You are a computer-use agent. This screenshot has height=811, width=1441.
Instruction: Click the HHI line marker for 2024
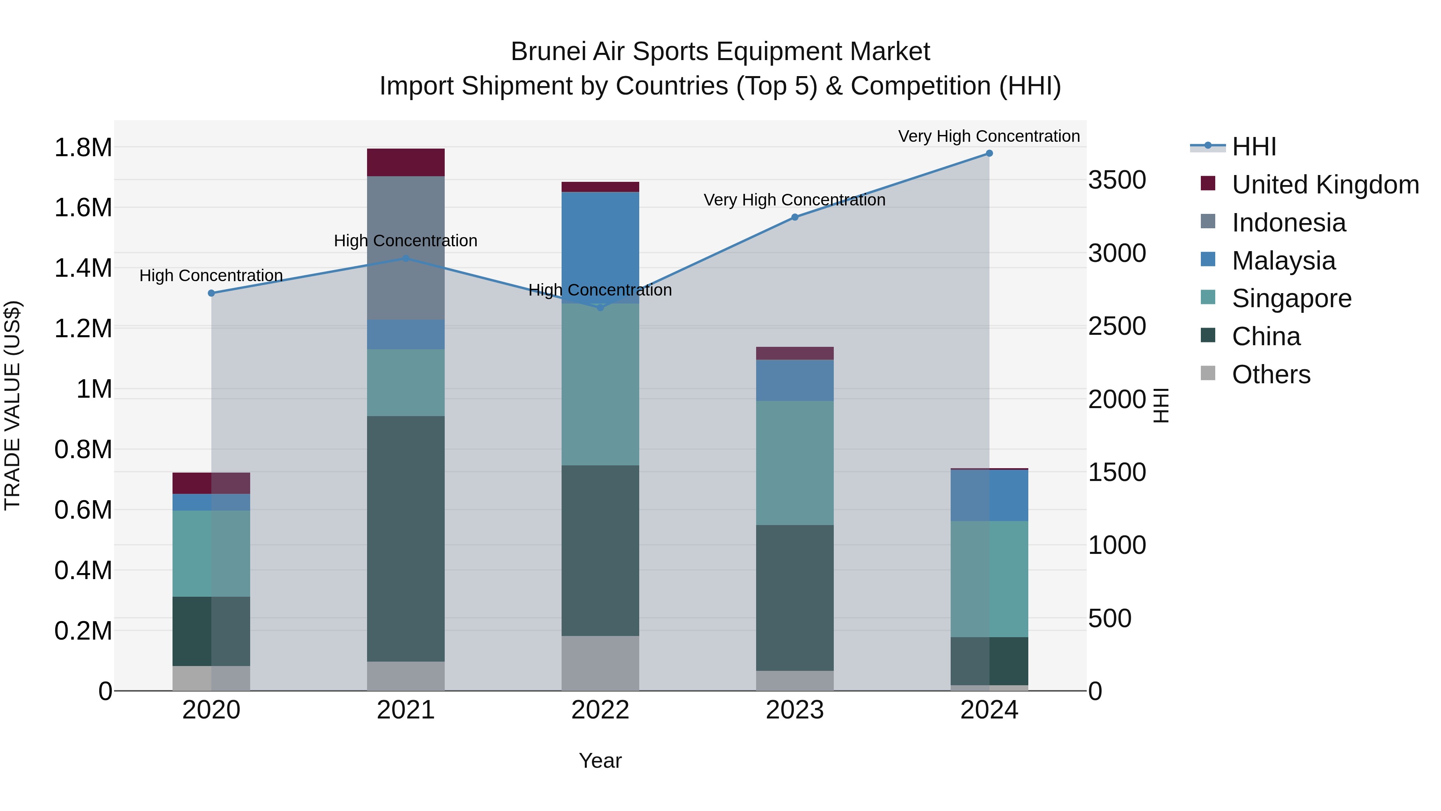pyautogui.click(x=989, y=153)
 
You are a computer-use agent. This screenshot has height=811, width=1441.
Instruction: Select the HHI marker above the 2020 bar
pyautogui.click(x=211, y=293)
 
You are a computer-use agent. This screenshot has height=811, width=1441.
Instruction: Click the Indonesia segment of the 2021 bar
pyautogui.click(x=405, y=248)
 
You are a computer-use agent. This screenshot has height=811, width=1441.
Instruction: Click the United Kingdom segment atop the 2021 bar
pyautogui.click(x=405, y=162)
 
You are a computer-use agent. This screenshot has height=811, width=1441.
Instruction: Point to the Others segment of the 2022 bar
pyautogui.click(x=600, y=663)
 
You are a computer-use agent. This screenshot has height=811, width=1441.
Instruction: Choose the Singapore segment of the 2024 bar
pyautogui.click(x=989, y=579)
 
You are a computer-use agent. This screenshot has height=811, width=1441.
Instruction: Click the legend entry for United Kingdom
pyautogui.click(x=1325, y=185)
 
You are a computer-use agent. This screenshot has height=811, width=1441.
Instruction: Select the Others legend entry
pyautogui.click(x=1270, y=374)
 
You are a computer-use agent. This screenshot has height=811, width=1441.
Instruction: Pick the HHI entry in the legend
pyautogui.click(x=1254, y=147)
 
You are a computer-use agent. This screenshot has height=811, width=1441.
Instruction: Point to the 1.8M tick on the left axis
pyautogui.click(x=83, y=148)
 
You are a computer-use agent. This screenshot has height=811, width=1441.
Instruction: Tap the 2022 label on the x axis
pyautogui.click(x=600, y=710)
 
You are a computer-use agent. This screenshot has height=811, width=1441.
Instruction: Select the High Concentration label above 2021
pyautogui.click(x=405, y=241)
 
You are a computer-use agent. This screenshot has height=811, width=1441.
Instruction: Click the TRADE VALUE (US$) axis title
pyautogui.click(x=12, y=405)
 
